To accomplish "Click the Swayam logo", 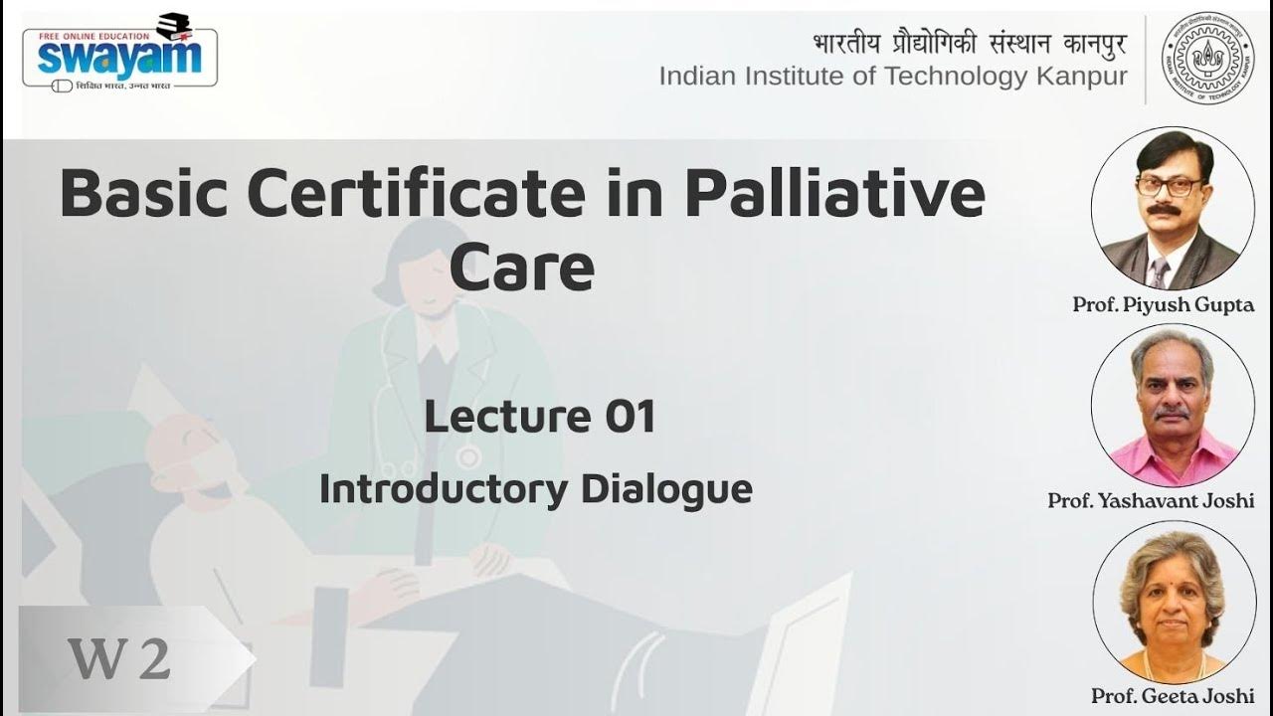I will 119,54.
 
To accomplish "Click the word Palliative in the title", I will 834,195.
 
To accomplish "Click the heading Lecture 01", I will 540,416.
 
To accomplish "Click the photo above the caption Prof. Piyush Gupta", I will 1172,209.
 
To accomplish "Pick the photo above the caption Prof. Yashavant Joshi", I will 1173,406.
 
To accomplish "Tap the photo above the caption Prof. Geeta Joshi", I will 1172,602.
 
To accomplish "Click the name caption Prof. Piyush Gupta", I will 1163,305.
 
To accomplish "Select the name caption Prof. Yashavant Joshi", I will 1151,501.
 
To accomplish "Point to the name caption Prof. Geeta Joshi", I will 1173,696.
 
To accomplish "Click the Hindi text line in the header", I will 970,44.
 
